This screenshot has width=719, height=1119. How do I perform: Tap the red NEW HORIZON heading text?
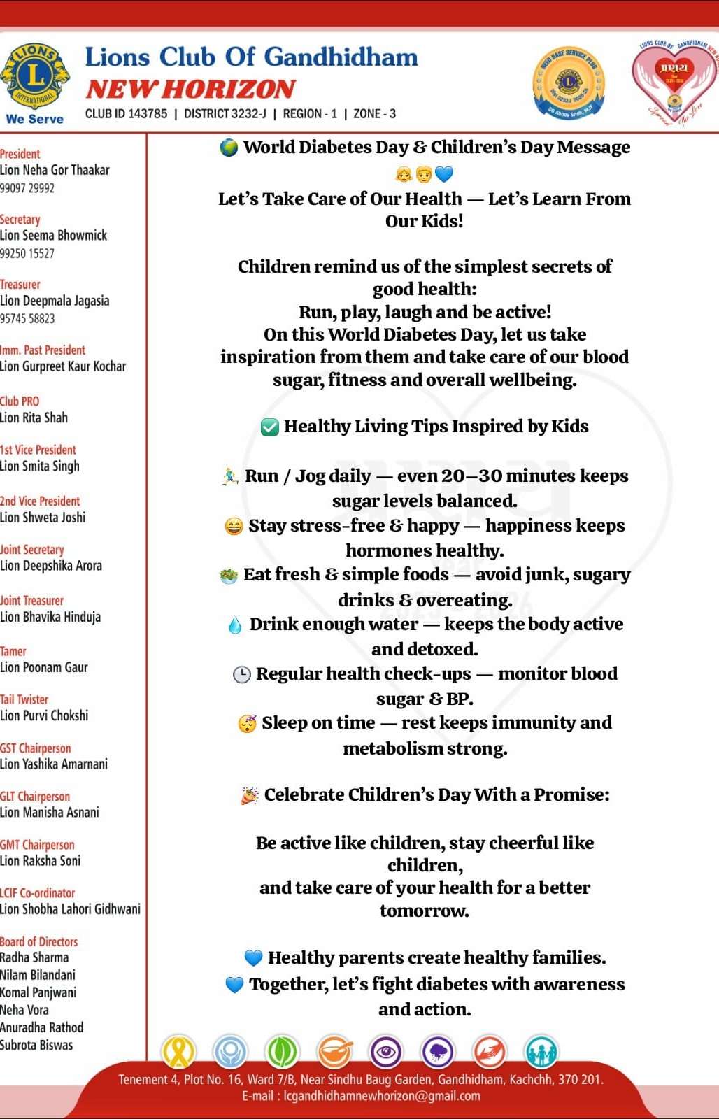(x=190, y=89)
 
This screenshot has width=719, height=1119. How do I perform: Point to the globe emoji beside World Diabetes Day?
(x=229, y=148)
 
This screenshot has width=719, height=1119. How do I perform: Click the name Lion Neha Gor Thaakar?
(x=55, y=170)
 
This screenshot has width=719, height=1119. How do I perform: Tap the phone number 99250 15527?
(x=27, y=253)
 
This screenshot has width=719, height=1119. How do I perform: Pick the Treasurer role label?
(x=20, y=285)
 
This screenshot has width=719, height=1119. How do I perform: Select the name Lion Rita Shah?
(x=34, y=418)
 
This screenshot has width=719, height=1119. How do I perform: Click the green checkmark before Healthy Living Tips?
(x=269, y=427)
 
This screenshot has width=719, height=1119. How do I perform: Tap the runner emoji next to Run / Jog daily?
(x=230, y=477)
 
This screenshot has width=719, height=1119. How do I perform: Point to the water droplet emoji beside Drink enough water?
(x=235, y=625)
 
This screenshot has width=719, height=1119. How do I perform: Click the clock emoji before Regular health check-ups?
(x=241, y=674)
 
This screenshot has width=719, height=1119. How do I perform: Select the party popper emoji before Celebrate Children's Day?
(x=249, y=795)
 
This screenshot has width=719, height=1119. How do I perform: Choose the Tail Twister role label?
(x=24, y=699)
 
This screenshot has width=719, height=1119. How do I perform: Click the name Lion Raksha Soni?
(x=40, y=861)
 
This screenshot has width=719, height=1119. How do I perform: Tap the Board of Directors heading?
(x=39, y=941)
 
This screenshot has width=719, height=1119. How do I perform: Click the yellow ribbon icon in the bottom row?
(x=178, y=1050)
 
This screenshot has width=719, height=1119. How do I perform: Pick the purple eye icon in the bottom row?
(x=386, y=1050)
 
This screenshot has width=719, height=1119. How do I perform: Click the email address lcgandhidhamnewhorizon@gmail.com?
(x=381, y=1096)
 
